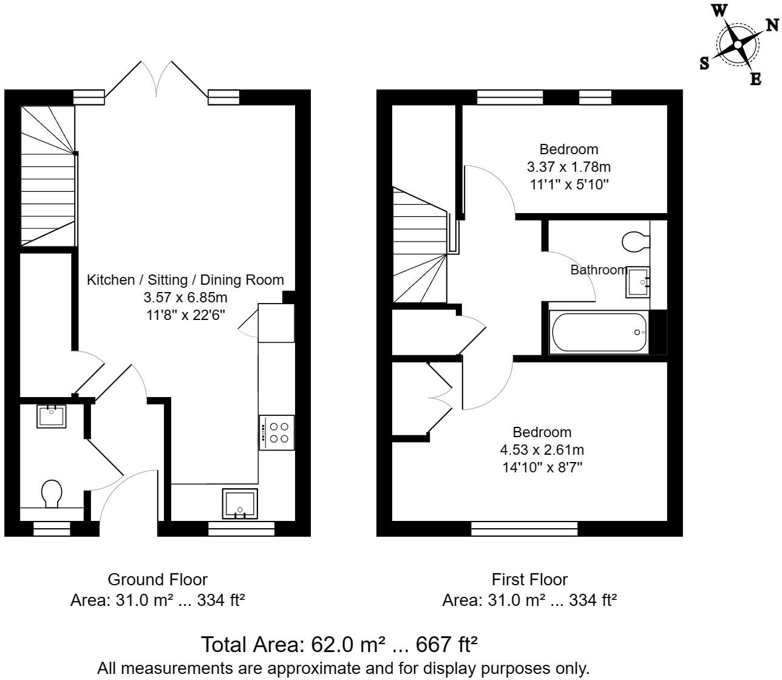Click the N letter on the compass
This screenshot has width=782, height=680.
pos(772,25)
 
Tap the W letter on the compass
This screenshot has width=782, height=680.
pos(719,11)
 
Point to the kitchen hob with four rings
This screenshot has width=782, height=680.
pos(277,432)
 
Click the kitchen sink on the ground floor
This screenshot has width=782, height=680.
pos(240,504)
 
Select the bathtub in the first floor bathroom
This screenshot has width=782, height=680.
pos(599,332)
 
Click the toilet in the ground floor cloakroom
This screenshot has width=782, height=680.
pos(52,494)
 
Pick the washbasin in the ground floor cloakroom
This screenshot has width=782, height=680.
pos(52,416)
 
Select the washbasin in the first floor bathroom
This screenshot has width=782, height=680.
pos(637,282)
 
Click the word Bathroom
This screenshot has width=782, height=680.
pos(599,270)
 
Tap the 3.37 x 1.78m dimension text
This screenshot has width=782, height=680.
pos(569,167)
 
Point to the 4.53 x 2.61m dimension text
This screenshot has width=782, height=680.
pos(542,450)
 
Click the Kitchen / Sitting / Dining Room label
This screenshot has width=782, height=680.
pos(185,280)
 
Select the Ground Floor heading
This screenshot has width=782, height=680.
pos(157,579)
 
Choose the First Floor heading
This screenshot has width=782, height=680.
pos(530,579)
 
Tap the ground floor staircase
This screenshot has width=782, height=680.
pos(48,176)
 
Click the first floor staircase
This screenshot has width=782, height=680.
pos(420,245)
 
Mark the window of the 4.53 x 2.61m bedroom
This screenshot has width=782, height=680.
pos(525,529)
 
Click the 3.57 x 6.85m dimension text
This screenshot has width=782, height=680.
pos(185,297)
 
